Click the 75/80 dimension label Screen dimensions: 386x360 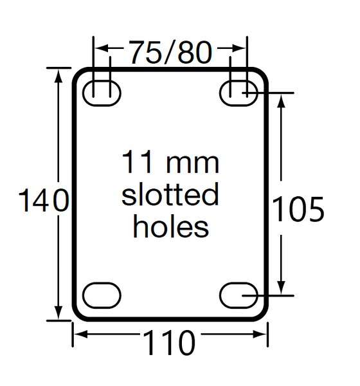click(x=170, y=52)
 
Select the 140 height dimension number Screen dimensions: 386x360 click(x=42, y=201)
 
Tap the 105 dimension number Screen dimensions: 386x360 click(x=296, y=209)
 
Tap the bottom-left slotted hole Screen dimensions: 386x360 click(x=103, y=295)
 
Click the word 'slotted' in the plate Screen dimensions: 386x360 click(x=170, y=195)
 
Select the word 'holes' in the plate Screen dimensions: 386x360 click(x=170, y=226)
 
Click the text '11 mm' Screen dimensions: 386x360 click(x=170, y=163)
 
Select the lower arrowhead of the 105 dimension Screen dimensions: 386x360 click(x=281, y=289)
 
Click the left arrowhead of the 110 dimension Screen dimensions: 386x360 click(x=78, y=333)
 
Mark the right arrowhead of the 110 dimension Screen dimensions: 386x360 click(x=262, y=333)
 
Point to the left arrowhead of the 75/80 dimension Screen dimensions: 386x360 click(x=100, y=48)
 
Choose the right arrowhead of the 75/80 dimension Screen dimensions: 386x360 click(x=241, y=48)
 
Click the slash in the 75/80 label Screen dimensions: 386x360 click(x=170, y=52)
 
